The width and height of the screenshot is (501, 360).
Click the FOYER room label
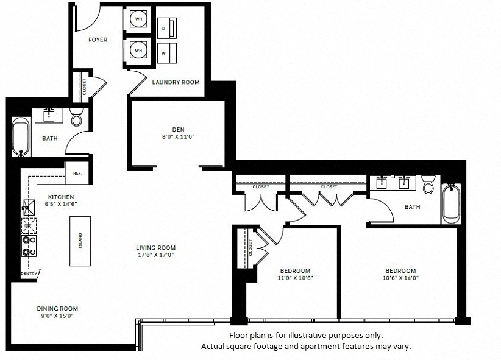pos(98,40)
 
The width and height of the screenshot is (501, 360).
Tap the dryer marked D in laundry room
pos(167,29)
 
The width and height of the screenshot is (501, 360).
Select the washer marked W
pos(167,53)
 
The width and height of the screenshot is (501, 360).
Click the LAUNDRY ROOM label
pos(176,82)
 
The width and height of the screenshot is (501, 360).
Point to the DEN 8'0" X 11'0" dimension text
pos(179,136)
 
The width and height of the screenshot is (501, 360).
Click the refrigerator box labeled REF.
pos(77,173)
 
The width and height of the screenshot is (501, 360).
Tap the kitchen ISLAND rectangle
pos(80,241)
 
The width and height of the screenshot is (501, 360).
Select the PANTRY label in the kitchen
pos(29,274)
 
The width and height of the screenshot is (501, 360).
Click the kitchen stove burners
pos(29,245)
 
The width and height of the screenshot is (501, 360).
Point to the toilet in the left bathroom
pos(76,117)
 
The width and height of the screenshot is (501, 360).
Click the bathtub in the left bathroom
pos(21,137)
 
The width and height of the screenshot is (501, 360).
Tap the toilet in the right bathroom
pos(428,185)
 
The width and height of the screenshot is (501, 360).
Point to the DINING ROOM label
pos(57,309)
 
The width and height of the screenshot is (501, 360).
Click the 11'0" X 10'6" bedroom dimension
pos(295,278)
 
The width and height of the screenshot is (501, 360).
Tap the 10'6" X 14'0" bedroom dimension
pos(400,278)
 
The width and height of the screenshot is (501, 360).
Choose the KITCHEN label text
pos(61,197)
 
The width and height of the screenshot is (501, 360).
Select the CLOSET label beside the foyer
pos(85,87)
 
